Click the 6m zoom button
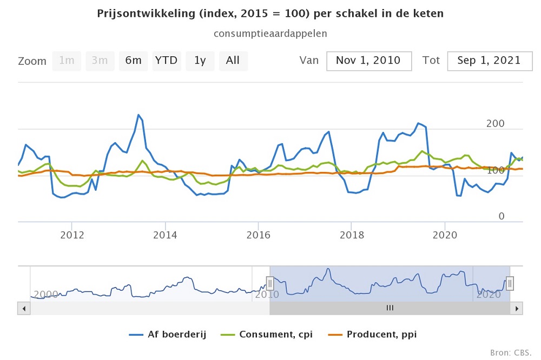pos(133,61)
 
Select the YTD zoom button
pos(166,61)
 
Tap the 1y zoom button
pos(200,61)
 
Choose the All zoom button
pos(233,61)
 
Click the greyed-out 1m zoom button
pos(67,61)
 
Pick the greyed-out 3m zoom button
pos(100,61)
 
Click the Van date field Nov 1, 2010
pos(369,61)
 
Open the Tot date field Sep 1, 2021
pos(489,61)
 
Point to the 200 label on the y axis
pos(495,124)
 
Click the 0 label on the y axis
pos(501,216)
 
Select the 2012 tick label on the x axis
pos(71,235)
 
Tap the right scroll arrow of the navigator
pos(517,308)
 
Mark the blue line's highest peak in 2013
pos(138,115)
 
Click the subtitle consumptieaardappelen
pos(270,34)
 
